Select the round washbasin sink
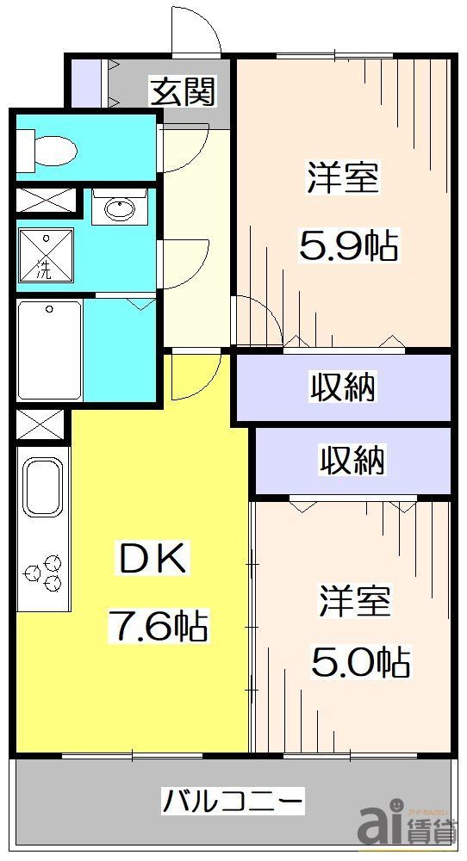119,208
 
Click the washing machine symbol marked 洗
45,257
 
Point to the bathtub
50,350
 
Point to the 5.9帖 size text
348,247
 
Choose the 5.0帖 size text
360,662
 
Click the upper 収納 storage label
343,387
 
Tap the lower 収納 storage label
352,461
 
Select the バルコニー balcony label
233,802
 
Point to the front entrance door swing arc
195,36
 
